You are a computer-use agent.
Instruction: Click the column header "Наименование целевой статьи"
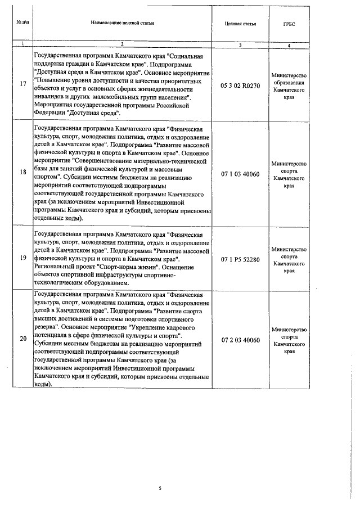122,23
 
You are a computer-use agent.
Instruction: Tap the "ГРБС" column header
288,24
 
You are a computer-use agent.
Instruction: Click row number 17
22,84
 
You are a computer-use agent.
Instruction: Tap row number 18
22,173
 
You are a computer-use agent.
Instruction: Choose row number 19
22,258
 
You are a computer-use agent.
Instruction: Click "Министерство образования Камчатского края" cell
288,85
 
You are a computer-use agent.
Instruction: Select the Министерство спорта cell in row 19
288,259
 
